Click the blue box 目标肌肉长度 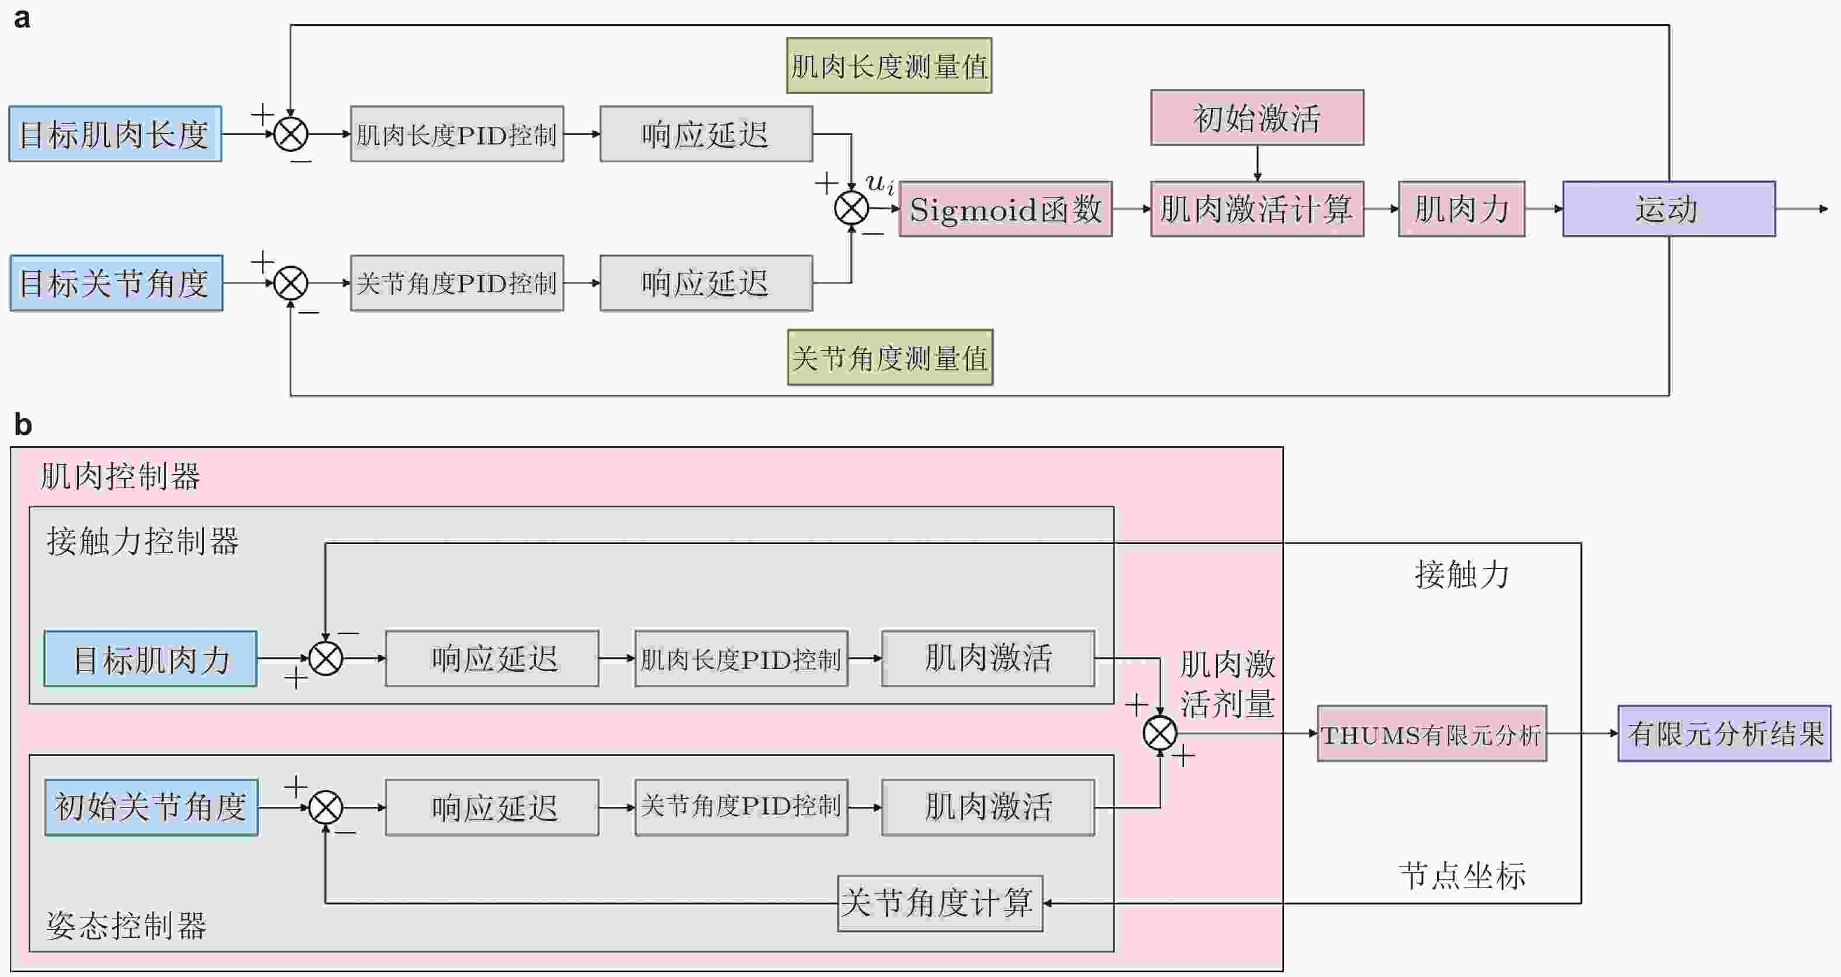click(115, 134)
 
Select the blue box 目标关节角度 click(116, 283)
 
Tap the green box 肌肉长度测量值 click(889, 65)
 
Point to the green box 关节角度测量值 click(890, 357)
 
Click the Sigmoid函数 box click(1005, 209)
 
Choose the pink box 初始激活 click(1257, 118)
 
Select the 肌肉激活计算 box click(1257, 209)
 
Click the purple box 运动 click(1668, 209)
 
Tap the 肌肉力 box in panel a click(1461, 209)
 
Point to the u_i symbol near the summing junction click(879, 183)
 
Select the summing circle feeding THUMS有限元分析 click(1159, 733)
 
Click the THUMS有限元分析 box click(1431, 734)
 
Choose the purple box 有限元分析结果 click(1724, 734)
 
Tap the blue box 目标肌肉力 click(150, 658)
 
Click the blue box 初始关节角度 click(151, 807)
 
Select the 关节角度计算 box click(939, 903)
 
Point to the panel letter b click(23, 425)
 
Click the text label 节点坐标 click(1462, 875)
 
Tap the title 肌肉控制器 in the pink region click(120, 476)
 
